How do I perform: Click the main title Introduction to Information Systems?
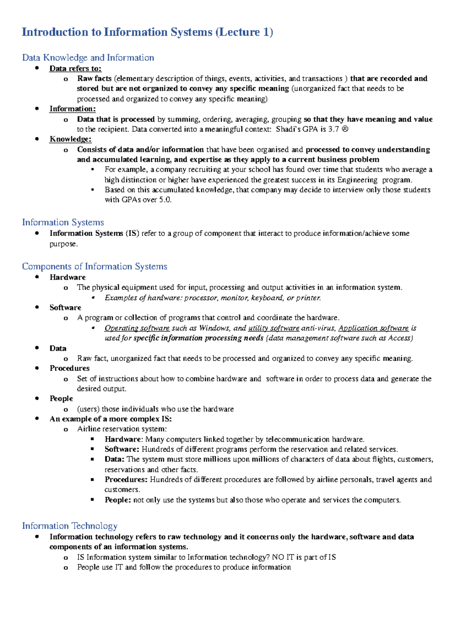[x=147, y=32]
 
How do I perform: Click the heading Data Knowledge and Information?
[x=88, y=58]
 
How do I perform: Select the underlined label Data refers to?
[x=75, y=69]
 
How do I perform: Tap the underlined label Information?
[x=72, y=109]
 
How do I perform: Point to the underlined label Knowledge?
[x=71, y=139]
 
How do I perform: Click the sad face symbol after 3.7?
[x=345, y=129]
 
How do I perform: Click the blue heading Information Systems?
[x=63, y=222]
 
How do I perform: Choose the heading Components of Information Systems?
[x=94, y=266]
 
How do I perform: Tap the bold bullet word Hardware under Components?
[x=67, y=277]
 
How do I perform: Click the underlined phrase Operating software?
[x=137, y=328]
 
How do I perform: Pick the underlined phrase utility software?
[x=273, y=328]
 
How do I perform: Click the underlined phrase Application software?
[x=373, y=328]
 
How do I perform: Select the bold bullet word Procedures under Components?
[x=69, y=368]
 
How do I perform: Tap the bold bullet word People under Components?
[x=61, y=399]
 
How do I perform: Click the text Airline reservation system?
[x=122, y=429]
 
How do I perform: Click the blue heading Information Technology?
[x=70, y=526]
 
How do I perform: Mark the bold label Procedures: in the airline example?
[x=126, y=480]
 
